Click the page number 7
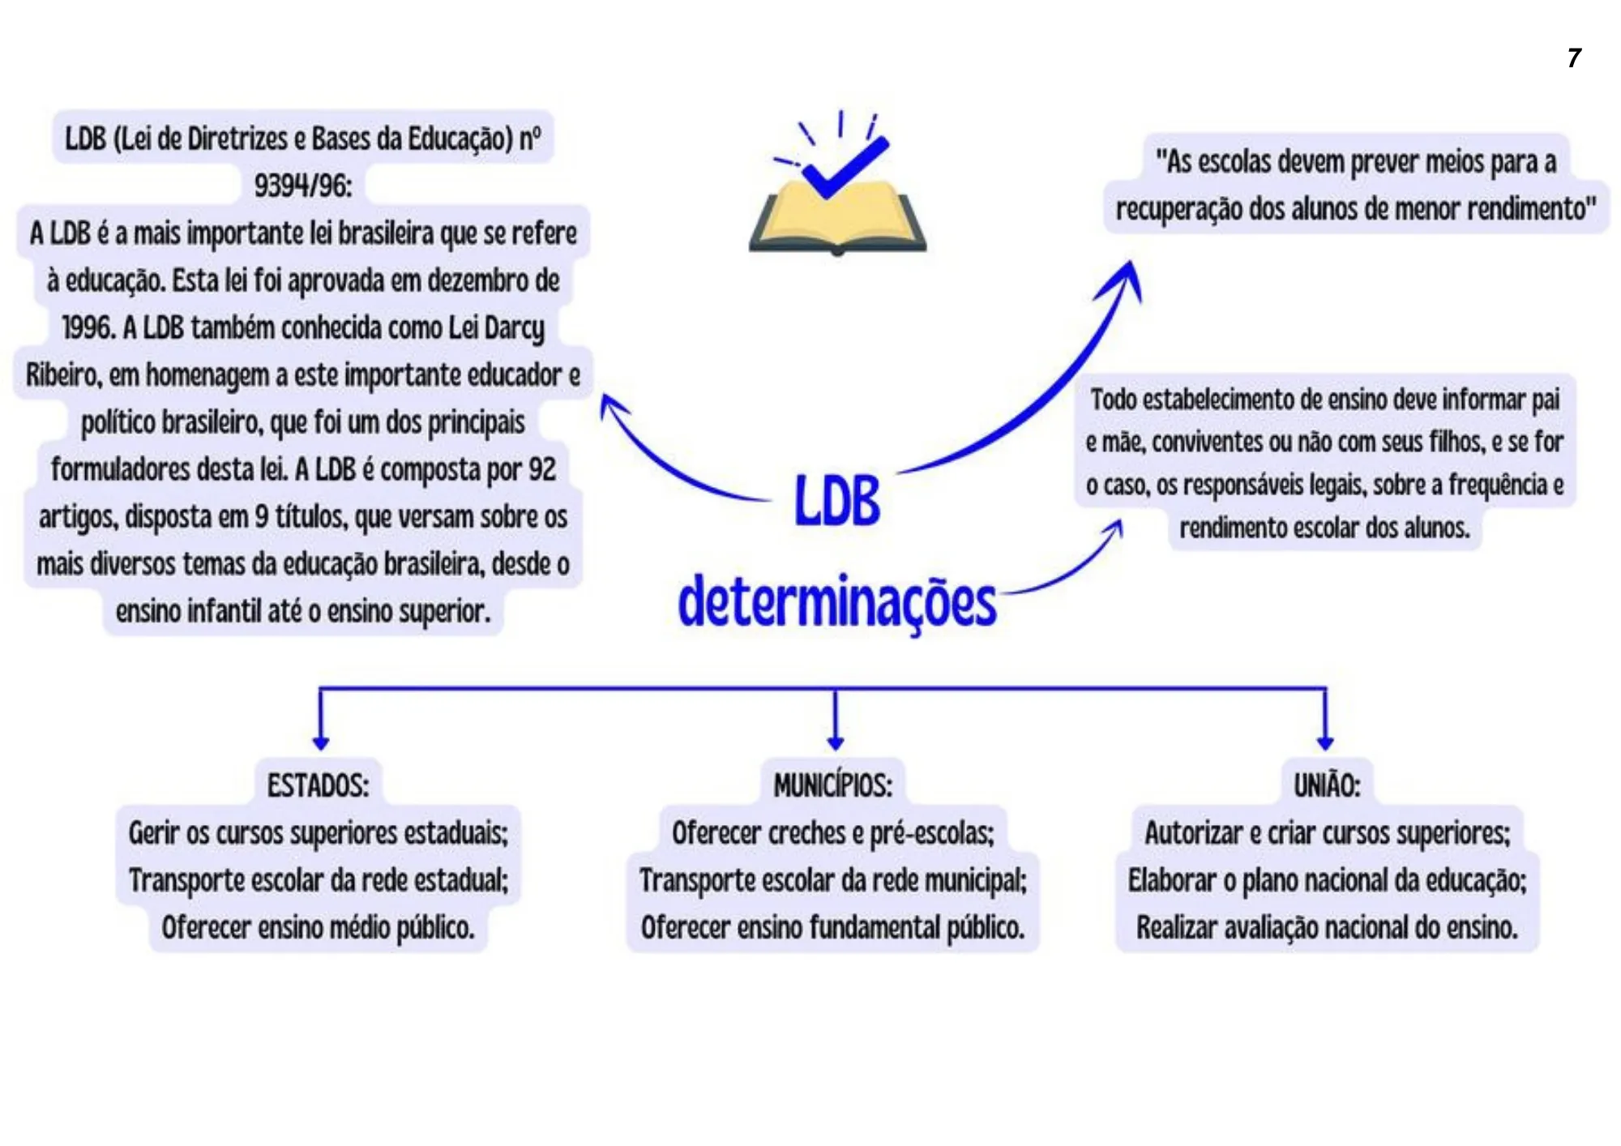(x=1574, y=58)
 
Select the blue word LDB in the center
(x=836, y=501)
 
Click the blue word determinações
(x=836, y=603)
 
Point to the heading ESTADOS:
(x=318, y=785)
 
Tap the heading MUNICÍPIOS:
(x=832, y=785)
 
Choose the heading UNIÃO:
(x=1326, y=785)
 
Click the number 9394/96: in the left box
(x=303, y=186)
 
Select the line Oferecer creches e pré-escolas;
(x=832, y=832)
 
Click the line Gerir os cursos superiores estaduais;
(x=318, y=832)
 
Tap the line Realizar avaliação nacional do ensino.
(x=1326, y=927)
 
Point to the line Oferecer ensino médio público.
(x=318, y=927)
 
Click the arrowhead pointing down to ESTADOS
(x=321, y=741)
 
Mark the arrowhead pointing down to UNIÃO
(x=1325, y=741)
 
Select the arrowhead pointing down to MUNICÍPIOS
(x=836, y=741)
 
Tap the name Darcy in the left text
(x=513, y=328)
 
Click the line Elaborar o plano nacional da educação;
(x=1326, y=880)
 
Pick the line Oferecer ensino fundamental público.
(x=832, y=927)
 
